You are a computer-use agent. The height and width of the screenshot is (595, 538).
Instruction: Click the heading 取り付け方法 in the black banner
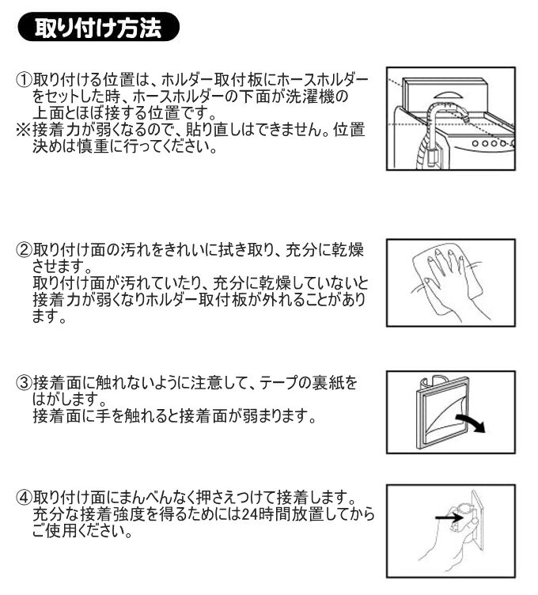coord(98,29)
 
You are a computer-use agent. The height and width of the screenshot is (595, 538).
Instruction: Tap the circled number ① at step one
coord(25,81)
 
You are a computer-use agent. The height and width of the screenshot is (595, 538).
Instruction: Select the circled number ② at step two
coord(25,250)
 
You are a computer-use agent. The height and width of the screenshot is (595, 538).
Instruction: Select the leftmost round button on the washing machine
coord(473,146)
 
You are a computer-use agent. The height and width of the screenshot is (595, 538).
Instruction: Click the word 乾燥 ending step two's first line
coord(349,250)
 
